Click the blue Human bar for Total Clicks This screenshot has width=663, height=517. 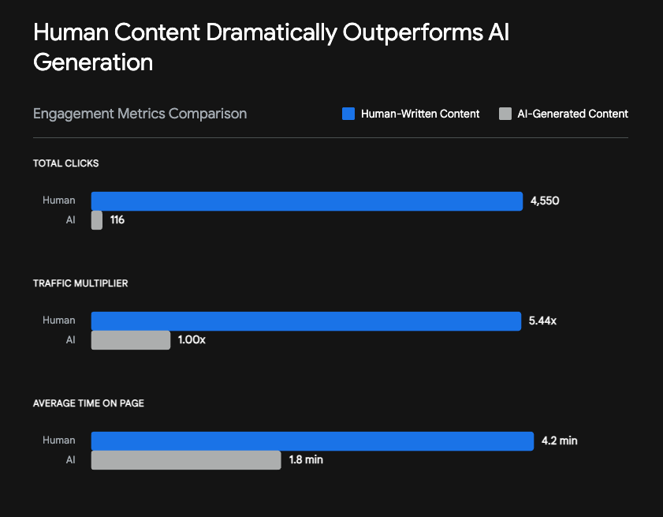coord(307,201)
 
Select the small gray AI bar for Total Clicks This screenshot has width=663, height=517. coord(97,220)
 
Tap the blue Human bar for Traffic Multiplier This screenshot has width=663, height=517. coord(306,321)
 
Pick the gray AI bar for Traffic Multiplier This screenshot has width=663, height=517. coord(131,340)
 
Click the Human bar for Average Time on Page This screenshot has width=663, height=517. coord(312,441)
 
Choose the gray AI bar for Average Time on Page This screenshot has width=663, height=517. coord(186,460)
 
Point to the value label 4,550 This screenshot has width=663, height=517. coord(545,201)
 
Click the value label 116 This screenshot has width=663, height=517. coord(117,220)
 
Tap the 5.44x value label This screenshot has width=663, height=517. coord(542,321)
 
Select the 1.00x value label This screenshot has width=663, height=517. coord(192,340)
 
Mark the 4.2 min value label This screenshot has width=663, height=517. coord(559,441)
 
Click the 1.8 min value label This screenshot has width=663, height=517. coord(305,460)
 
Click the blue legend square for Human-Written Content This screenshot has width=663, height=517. coord(348,114)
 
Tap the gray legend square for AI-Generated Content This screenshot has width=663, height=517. coord(505,114)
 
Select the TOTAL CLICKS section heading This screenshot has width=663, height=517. coord(65,163)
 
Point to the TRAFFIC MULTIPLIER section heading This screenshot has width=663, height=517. coord(80,283)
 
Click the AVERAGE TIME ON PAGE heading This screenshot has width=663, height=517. coord(88,403)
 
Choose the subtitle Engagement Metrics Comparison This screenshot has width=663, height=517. coord(140,114)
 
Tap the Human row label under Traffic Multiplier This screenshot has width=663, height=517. coord(59,320)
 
